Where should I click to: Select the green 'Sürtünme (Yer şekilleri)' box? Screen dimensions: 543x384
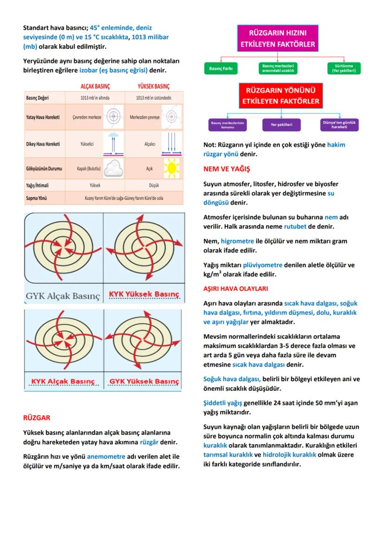click(344, 69)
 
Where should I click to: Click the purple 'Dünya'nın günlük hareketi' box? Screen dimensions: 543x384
click(339, 125)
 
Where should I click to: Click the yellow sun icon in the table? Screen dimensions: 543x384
click(171, 168)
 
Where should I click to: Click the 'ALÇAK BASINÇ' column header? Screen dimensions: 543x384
click(95, 86)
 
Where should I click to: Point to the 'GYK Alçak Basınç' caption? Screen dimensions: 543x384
click(63, 295)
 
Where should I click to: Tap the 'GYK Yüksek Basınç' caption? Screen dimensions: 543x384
click(144, 381)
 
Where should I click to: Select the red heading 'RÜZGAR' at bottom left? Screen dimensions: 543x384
click(37, 418)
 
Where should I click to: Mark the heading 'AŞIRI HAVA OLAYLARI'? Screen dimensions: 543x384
click(236, 288)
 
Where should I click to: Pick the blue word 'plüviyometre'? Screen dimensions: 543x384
click(262, 265)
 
